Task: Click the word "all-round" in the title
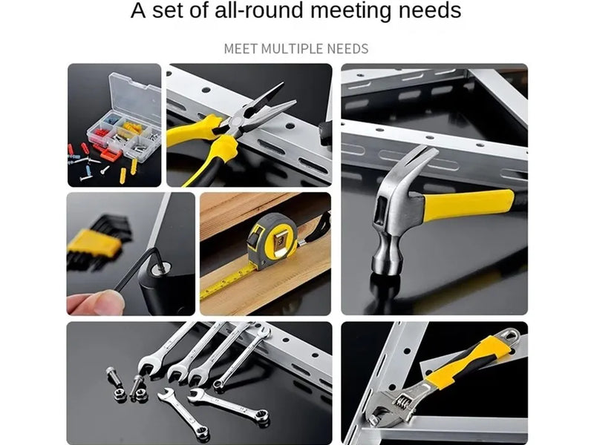tap(258, 10)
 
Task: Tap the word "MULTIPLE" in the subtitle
tap(292, 49)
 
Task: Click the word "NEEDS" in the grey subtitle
tap(347, 49)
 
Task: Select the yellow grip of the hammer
tap(469, 205)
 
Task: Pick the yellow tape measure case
tap(272, 241)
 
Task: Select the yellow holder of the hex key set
tap(93, 243)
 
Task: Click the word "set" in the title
tap(169, 10)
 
